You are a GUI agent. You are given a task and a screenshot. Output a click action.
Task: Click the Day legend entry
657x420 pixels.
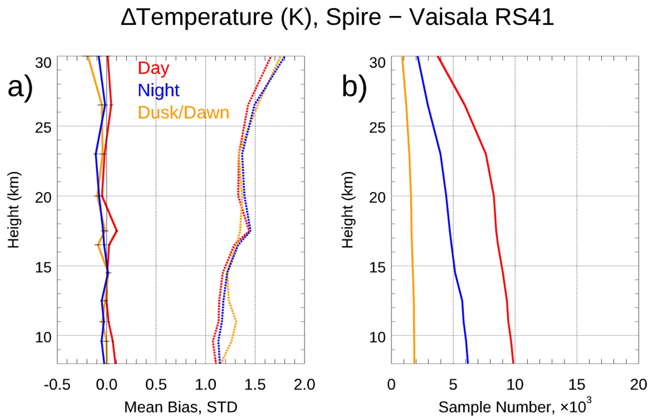[x=153, y=68]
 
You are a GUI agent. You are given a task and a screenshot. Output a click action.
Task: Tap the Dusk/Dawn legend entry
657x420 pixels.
[x=183, y=113]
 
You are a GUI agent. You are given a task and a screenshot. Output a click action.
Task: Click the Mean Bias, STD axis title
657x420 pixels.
[x=181, y=407]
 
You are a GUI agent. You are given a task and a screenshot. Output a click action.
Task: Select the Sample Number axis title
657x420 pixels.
[x=515, y=406]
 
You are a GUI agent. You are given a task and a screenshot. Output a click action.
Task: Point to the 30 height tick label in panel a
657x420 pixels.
[x=43, y=63]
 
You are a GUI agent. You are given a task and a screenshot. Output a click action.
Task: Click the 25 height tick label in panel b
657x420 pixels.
[x=377, y=128]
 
